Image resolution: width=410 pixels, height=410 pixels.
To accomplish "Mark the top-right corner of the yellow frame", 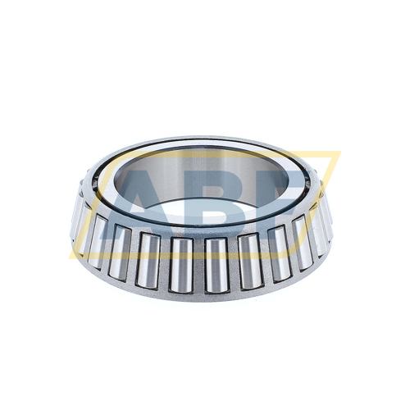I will (x=338, y=153).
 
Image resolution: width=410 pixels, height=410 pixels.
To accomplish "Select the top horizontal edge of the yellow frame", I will (x=205, y=153).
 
